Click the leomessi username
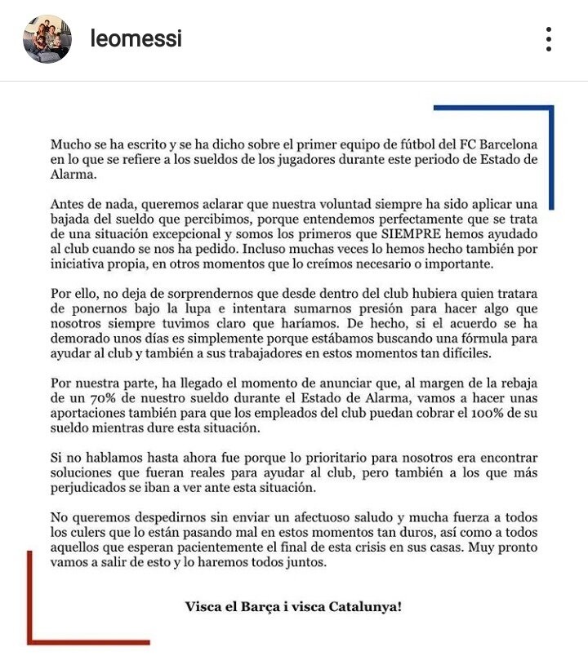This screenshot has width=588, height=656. pyautogui.click(x=136, y=38)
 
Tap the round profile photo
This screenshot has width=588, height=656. pyautogui.click(x=47, y=38)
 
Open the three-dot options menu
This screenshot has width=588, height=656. pyautogui.click(x=549, y=38)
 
